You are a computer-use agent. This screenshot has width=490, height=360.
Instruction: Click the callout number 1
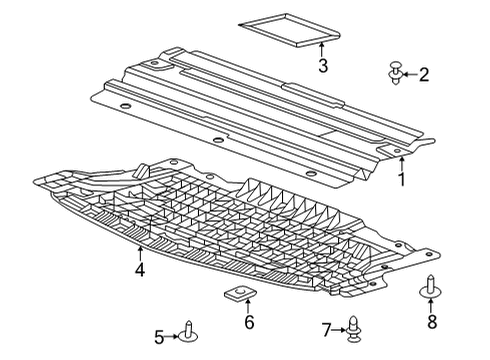(401, 181)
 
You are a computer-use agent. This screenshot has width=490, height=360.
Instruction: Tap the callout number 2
(424, 73)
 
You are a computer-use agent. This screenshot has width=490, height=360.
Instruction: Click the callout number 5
(159, 336)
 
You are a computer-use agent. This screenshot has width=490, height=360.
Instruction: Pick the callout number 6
(249, 323)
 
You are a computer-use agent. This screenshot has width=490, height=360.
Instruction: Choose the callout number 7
(326, 329)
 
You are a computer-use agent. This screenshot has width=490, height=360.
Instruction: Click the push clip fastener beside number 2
(397, 72)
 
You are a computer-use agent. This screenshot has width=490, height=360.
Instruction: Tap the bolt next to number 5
(188, 332)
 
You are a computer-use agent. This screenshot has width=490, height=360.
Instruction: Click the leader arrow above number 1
(401, 164)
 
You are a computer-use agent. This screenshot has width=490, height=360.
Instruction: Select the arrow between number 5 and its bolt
(172, 336)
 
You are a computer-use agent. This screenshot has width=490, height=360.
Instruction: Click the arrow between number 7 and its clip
(339, 329)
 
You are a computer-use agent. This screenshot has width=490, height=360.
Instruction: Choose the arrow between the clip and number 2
(410, 73)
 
